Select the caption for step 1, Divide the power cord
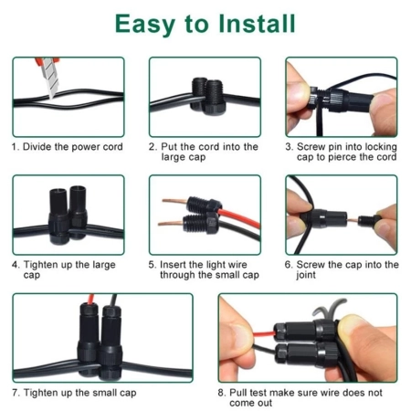point(67,146)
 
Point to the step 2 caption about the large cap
point(203,152)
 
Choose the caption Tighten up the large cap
point(66,269)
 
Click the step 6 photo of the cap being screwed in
point(341,215)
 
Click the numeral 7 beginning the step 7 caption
point(15,393)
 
